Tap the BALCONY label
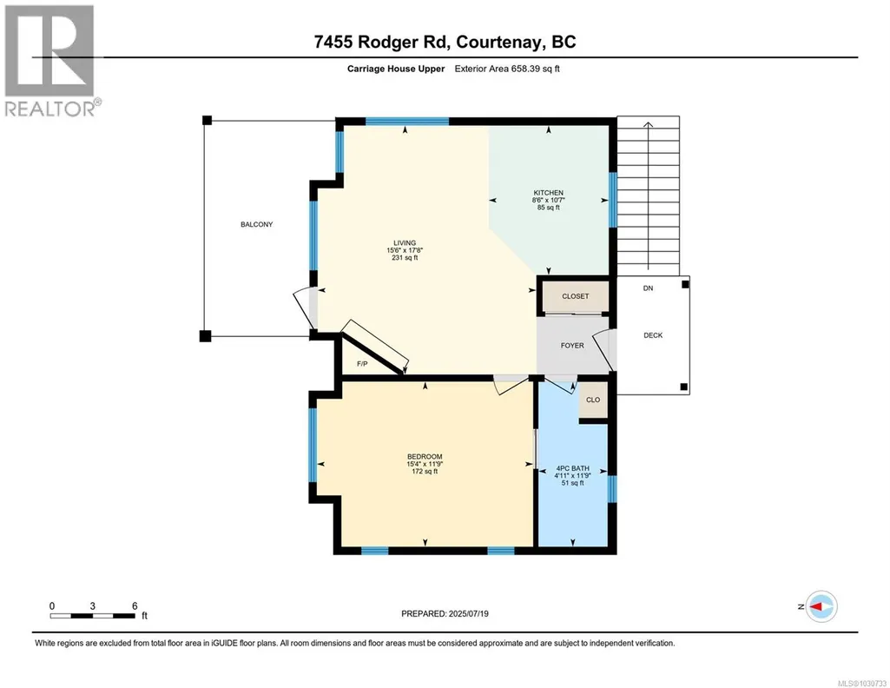coord(256,225)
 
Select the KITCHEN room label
coord(548,193)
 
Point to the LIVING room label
coord(405,243)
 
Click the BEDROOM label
coord(425,456)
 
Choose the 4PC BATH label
coord(572,468)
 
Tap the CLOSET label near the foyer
coord(576,296)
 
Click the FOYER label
coord(572,345)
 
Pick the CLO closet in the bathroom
coord(593,400)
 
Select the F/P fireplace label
coord(362,364)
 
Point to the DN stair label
coord(649,288)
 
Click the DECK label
coord(653,335)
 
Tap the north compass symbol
coord(821,606)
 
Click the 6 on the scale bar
coord(135,606)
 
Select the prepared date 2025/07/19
coord(468,613)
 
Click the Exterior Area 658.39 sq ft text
coord(507,69)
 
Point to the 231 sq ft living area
coord(405,258)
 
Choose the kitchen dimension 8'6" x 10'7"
coord(548,201)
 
